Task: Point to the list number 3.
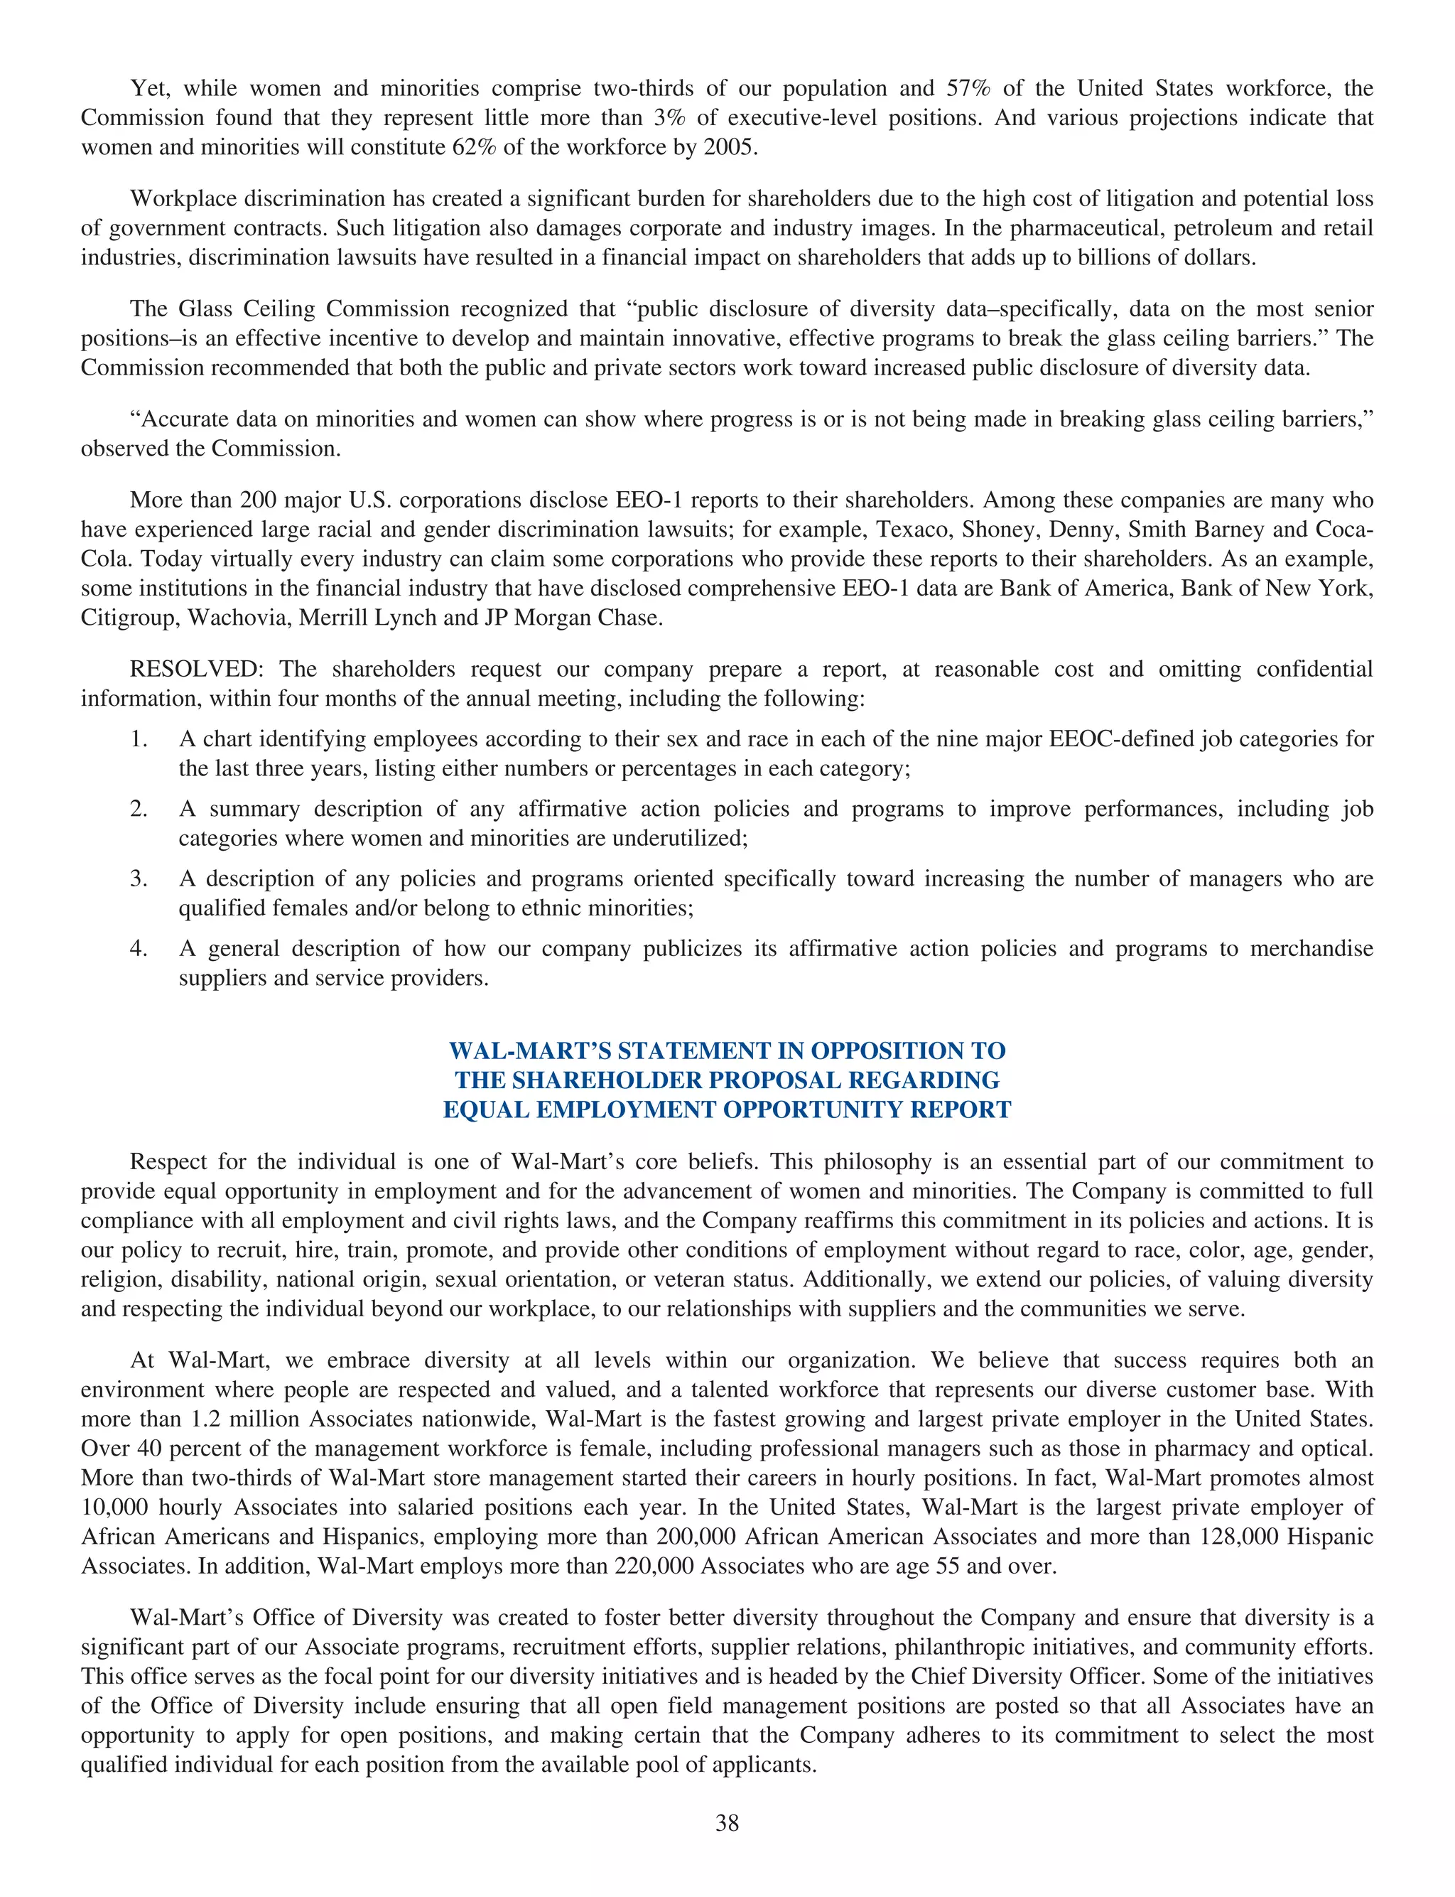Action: [139, 879]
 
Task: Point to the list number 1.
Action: [139, 740]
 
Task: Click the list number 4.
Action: [139, 950]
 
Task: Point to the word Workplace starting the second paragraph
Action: [183, 199]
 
